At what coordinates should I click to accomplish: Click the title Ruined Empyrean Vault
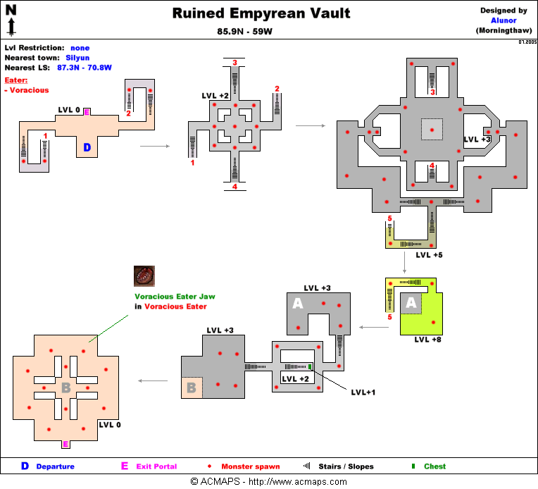pos(261,13)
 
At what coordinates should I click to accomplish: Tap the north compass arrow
pos(11,20)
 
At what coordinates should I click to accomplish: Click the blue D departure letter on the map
pos(87,147)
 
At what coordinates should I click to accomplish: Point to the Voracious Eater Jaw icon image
pos(145,276)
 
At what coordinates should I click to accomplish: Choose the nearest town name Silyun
pos(78,58)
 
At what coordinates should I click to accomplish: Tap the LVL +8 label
pos(428,340)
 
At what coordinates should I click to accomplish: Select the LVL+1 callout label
pos(363,392)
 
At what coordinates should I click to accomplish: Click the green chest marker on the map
pos(309,366)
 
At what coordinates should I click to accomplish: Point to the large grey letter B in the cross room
pos(65,388)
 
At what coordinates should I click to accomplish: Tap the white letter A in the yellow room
pos(413,304)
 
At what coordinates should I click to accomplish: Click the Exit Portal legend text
pos(156,466)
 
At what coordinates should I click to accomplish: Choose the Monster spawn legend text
pos(251,466)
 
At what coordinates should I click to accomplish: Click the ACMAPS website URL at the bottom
pos(301,482)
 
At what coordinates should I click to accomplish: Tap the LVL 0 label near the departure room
pos(69,110)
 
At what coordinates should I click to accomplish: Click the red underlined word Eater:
pos(16,80)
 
